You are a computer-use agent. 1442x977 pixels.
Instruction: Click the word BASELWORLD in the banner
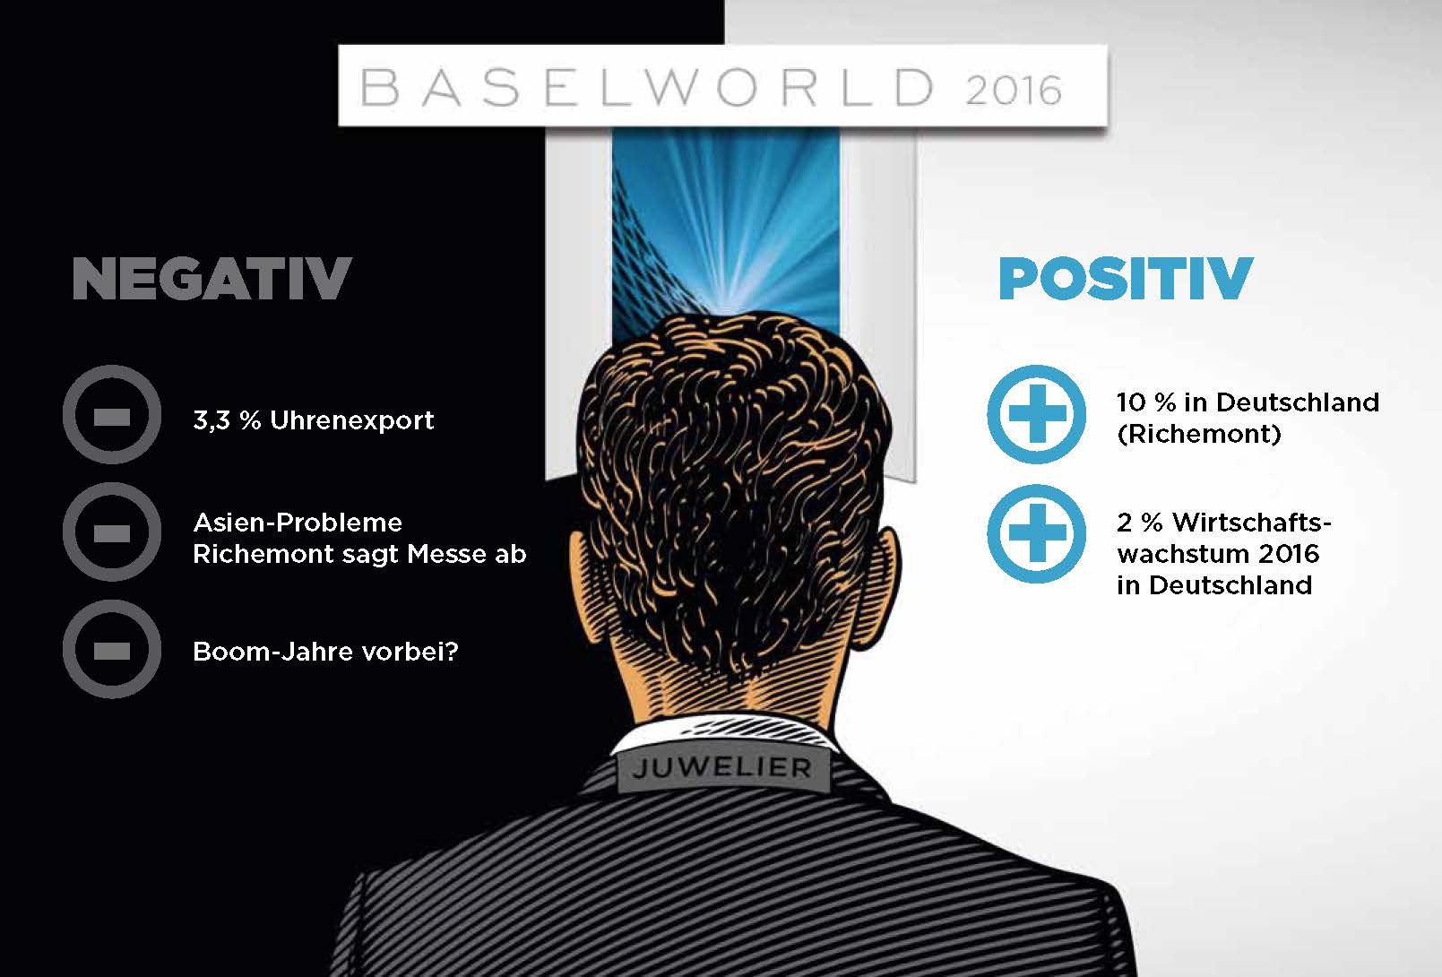click(647, 88)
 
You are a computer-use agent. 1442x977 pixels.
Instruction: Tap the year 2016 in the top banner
click(1014, 91)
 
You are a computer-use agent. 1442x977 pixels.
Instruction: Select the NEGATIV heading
click(212, 278)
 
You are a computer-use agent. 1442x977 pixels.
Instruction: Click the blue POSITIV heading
click(1126, 278)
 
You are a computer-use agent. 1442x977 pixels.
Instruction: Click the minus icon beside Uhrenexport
click(112, 414)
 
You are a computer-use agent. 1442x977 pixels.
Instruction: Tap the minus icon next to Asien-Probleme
click(112, 532)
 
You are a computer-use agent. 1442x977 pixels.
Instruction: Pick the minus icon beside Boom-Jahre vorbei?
click(112, 649)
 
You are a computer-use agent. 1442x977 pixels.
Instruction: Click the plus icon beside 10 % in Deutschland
click(1036, 414)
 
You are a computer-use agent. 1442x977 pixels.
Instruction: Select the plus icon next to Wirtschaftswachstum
click(1036, 534)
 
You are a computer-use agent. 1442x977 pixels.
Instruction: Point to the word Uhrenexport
click(351, 420)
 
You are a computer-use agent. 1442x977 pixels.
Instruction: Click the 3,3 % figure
click(227, 420)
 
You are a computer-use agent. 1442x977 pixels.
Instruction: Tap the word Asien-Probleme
click(298, 523)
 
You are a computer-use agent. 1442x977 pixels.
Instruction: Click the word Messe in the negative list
click(446, 554)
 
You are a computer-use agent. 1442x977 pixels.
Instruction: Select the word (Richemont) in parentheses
click(1198, 434)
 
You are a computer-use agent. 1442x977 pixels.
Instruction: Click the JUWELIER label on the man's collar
click(722, 767)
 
